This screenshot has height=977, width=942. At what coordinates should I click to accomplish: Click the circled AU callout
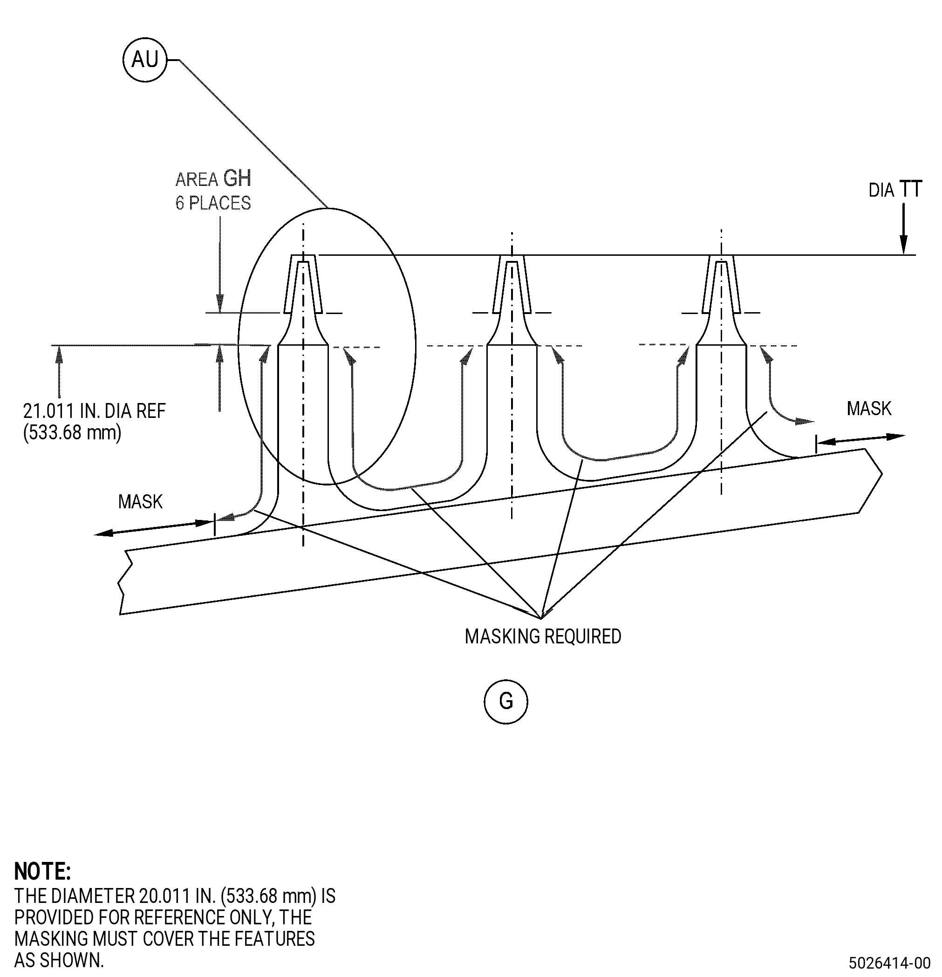click(144, 60)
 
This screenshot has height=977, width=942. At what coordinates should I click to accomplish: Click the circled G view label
click(505, 701)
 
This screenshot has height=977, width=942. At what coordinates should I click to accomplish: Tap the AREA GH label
click(213, 179)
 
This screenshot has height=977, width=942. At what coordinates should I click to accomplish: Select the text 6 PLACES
click(213, 203)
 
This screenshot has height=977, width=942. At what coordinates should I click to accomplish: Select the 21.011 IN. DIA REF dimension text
click(94, 411)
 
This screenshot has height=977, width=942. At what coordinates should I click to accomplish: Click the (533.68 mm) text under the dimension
click(72, 432)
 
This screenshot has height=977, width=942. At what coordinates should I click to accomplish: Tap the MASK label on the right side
click(869, 409)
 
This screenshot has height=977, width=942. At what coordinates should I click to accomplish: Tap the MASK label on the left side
click(140, 501)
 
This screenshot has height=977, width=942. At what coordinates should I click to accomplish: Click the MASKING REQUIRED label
click(543, 636)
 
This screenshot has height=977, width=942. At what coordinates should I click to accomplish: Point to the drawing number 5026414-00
click(890, 962)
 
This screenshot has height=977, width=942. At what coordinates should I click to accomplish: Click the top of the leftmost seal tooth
click(302, 256)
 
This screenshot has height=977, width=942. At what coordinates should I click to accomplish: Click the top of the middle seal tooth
click(512, 256)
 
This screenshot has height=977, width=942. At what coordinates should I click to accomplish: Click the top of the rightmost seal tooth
click(721, 256)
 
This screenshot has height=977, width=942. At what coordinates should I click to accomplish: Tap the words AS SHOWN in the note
click(59, 960)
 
